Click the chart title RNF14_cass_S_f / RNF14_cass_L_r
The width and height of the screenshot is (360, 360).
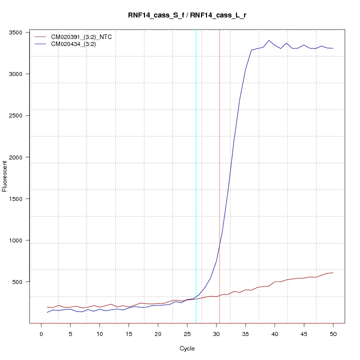pyautogui.click(x=186, y=15)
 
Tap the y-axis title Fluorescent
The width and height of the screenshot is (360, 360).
pyautogui.click(x=5, y=176)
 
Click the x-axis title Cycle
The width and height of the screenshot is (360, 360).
pyautogui.click(x=187, y=348)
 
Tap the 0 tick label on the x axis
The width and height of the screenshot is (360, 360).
pyautogui.click(x=41, y=333)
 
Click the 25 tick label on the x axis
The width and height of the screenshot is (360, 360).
pyautogui.click(x=187, y=333)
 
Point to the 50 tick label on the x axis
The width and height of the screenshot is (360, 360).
pyautogui.click(x=333, y=333)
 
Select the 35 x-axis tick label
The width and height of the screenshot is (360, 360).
pyautogui.click(x=245, y=333)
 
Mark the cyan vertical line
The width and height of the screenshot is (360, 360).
pyautogui.click(x=196, y=175)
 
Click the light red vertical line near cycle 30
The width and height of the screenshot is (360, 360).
pyautogui.click(x=219, y=175)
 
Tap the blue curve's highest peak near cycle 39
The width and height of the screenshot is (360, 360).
pyautogui.click(x=269, y=40)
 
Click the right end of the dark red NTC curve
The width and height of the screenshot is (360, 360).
pyautogui.click(x=333, y=272)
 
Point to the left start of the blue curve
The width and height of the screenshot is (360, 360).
pyautogui.click(x=47, y=312)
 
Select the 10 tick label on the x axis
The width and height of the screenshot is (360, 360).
pyautogui.click(x=99, y=333)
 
